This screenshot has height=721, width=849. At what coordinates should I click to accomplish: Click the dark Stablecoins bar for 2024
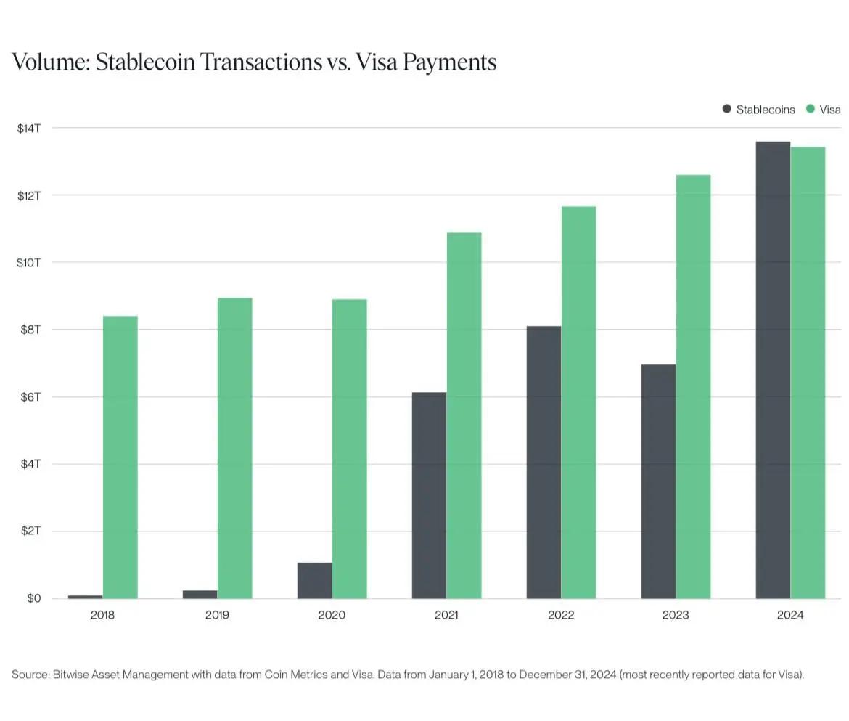773,370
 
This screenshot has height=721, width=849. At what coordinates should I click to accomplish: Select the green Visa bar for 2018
120,457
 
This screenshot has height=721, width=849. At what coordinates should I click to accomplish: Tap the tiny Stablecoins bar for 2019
200,595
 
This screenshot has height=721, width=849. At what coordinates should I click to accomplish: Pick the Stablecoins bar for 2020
314,581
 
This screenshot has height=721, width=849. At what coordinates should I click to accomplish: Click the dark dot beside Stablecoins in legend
726,109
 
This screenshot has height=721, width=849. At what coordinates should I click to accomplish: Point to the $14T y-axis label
29,129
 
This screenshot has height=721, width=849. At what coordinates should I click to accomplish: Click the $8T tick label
29,330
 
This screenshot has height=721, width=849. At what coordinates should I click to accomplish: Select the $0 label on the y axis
33,599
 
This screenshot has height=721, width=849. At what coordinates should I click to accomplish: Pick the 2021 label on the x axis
446,615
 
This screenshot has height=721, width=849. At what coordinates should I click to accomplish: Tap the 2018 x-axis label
102,615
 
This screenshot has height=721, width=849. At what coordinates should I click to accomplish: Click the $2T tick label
29,531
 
